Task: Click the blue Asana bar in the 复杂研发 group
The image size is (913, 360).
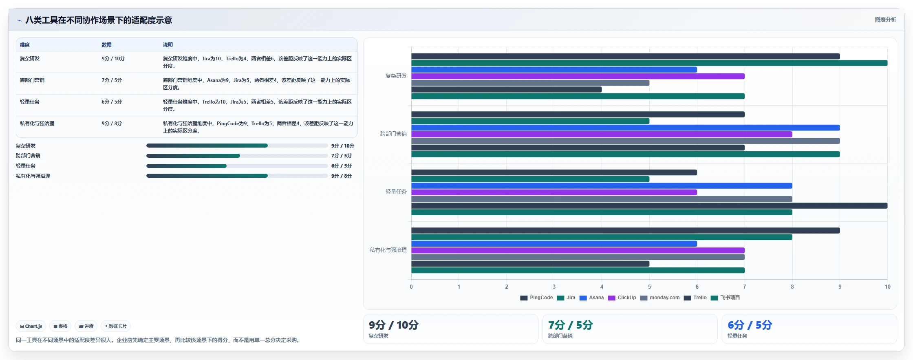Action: tap(554, 70)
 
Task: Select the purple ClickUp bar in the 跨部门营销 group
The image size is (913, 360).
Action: tap(602, 134)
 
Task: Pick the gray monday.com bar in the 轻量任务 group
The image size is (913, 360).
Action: tap(602, 199)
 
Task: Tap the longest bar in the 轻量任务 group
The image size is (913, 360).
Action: tap(649, 205)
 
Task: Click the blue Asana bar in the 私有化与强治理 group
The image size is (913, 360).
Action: tap(554, 244)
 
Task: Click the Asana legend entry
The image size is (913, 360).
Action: tap(591, 298)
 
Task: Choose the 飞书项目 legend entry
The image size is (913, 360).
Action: tap(725, 298)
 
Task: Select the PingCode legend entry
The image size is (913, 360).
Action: tap(536, 298)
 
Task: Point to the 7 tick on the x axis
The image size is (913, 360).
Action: tap(745, 287)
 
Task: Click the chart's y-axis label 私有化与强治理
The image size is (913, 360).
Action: tap(388, 250)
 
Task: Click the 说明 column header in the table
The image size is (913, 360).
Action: tap(168, 45)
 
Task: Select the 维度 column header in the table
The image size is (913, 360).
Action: tap(25, 45)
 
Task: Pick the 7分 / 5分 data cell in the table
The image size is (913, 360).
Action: tap(112, 80)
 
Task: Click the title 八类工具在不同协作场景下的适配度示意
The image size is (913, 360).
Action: tap(99, 20)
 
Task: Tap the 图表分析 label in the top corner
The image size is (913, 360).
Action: tap(885, 20)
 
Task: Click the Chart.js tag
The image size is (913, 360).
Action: tap(31, 326)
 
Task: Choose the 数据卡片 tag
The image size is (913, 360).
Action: tap(116, 326)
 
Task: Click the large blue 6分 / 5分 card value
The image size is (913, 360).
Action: tap(750, 325)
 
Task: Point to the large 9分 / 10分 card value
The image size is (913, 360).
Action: tap(394, 325)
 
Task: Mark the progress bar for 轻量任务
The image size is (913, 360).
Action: tap(237, 166)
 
